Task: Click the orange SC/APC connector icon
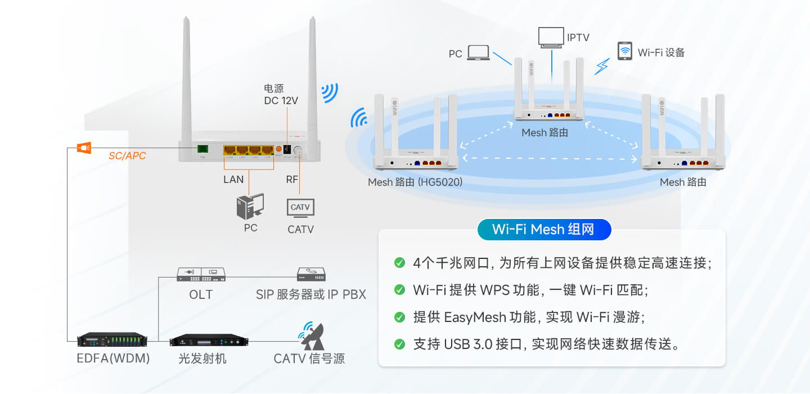point(84,148)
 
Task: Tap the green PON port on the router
point(202,149)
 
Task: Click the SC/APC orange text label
point(127,156)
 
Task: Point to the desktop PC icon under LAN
point(250,207)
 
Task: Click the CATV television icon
point(300,208)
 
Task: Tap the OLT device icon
point(201,275)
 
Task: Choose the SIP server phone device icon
point(311,274)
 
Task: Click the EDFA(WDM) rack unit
point(112,340)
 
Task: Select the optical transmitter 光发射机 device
point(209,340)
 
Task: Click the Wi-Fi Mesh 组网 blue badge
point(543,230)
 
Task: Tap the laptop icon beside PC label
point(478,53)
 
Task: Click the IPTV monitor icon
point(551,38)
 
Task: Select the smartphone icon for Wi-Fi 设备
point(624,51)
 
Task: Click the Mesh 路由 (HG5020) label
point(415,182)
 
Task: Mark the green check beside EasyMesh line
point(399,317)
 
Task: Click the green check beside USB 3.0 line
point(399,344)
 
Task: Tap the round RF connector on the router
point(298,151)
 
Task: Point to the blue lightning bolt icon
point(602,66)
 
